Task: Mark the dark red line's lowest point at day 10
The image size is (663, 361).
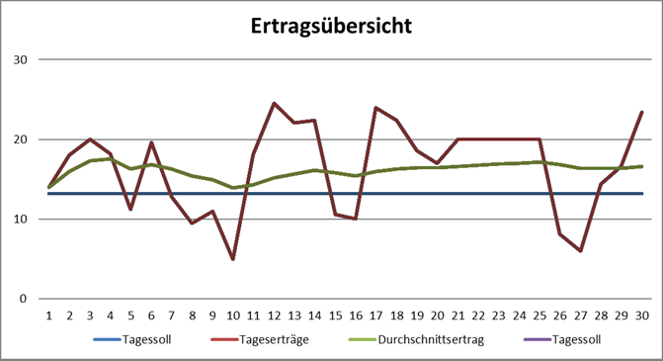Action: tap(233, 259)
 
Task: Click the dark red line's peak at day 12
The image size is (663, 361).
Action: tap(274, 103)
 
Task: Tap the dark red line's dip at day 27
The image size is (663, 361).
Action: tap(581, 251)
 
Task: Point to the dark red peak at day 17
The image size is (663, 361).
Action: tap(376, 107)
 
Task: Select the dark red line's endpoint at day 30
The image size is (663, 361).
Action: tap(642, 112)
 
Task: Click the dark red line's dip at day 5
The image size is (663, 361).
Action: tap(130, 210)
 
